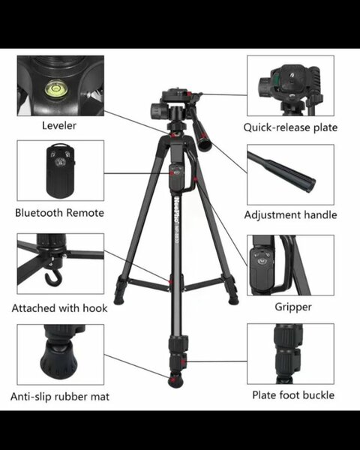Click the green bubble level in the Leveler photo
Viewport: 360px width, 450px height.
pyautogui.click(x=54, y=89)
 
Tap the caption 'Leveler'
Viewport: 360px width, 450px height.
pyautogui.click(x=59, y=126)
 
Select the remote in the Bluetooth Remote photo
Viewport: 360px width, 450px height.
pyautogui.click(x=60, y=170)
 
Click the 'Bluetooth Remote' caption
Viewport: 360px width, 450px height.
pyautogui.click(x=59, y=213)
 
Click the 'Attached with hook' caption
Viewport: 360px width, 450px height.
pyautogui.click(x=59, y=308)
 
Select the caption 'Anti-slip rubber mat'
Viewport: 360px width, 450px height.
pyautogui.click(x=60, y=397)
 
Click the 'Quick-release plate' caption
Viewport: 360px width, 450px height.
pyautogui.click(x=290, y=127)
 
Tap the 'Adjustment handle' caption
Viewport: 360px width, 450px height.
pyautogui.click(x=290, y=215)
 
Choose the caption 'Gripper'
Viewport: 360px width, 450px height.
pyautogui.click(x=293, y=307)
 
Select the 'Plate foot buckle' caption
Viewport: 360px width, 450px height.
pyautogui.click(x=293, y=395)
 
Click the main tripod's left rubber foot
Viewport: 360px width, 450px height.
pyautogui.click(x=118, y=300)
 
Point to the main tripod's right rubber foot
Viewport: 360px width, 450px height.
pyautogui.click(x=233, y=300)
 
